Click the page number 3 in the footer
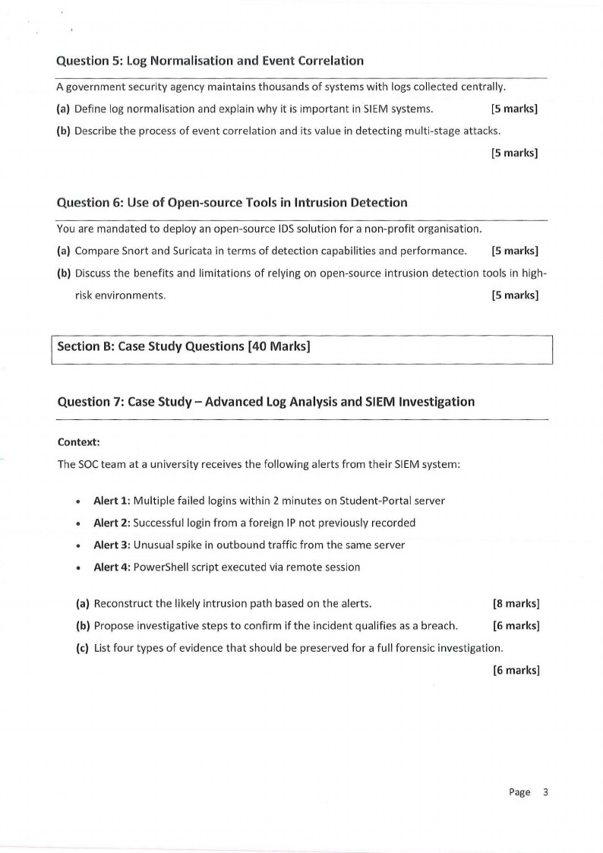(545, 792)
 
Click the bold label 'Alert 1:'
(111, 501)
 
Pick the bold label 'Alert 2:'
(111, 523)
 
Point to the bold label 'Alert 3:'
(111, 545)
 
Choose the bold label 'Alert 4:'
(111, 567)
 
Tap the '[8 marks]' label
(516, 605)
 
